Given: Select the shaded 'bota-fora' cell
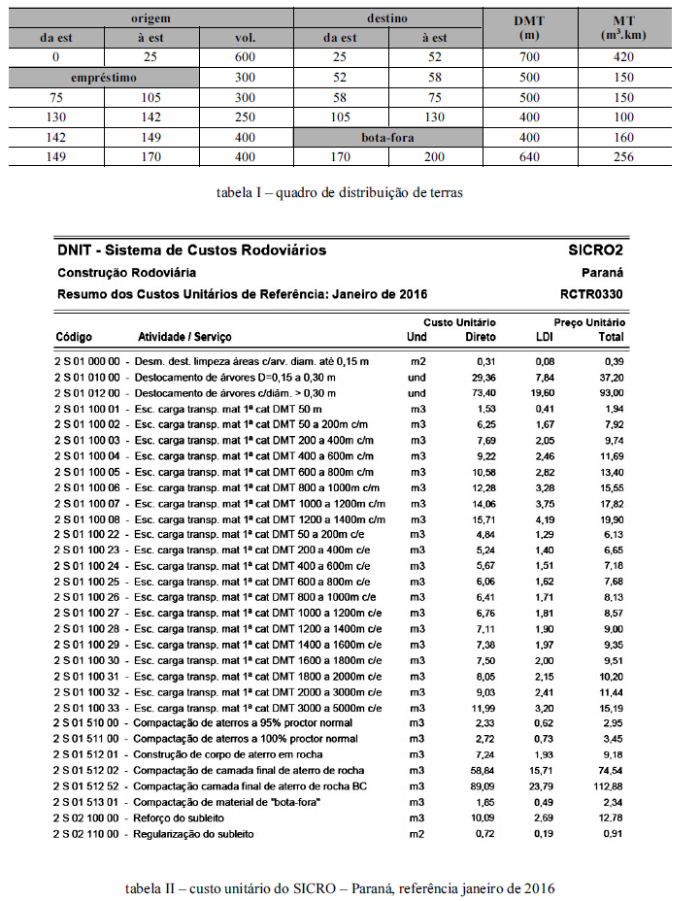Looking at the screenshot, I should (x=386, y=137).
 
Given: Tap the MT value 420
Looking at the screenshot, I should (x=623, y=57).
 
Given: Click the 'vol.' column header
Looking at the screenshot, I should (x=246, y=38).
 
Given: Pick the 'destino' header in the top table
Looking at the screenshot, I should (x=386, y=18).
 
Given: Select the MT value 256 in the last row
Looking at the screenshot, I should (x=623, y=157).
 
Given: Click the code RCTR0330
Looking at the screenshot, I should (x=592, y=293).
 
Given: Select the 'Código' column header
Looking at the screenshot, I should (x=74, y=337).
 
